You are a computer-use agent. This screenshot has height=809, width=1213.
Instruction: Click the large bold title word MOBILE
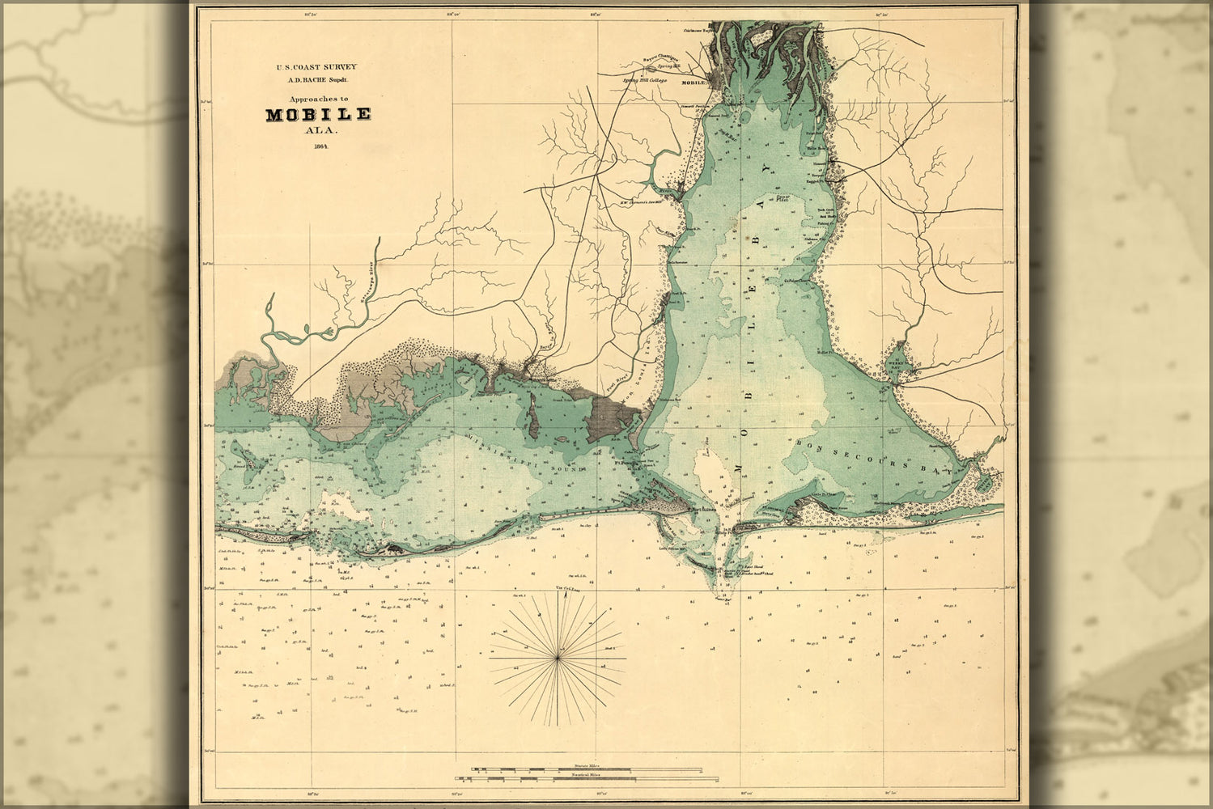click(x=318, y=114)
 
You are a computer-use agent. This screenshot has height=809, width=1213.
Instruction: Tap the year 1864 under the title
click(x=317, y=146)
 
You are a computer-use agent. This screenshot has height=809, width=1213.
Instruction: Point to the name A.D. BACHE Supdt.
click(x=318, y=79)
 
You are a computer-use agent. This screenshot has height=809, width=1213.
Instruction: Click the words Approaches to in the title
click(x=318, y=97)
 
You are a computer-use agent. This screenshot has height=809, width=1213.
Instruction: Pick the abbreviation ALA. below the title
click(x=318, y=129)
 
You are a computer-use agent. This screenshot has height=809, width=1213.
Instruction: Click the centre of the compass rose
click(x=558, y=660)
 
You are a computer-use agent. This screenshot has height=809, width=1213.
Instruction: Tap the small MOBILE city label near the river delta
click(x=695, y=83)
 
